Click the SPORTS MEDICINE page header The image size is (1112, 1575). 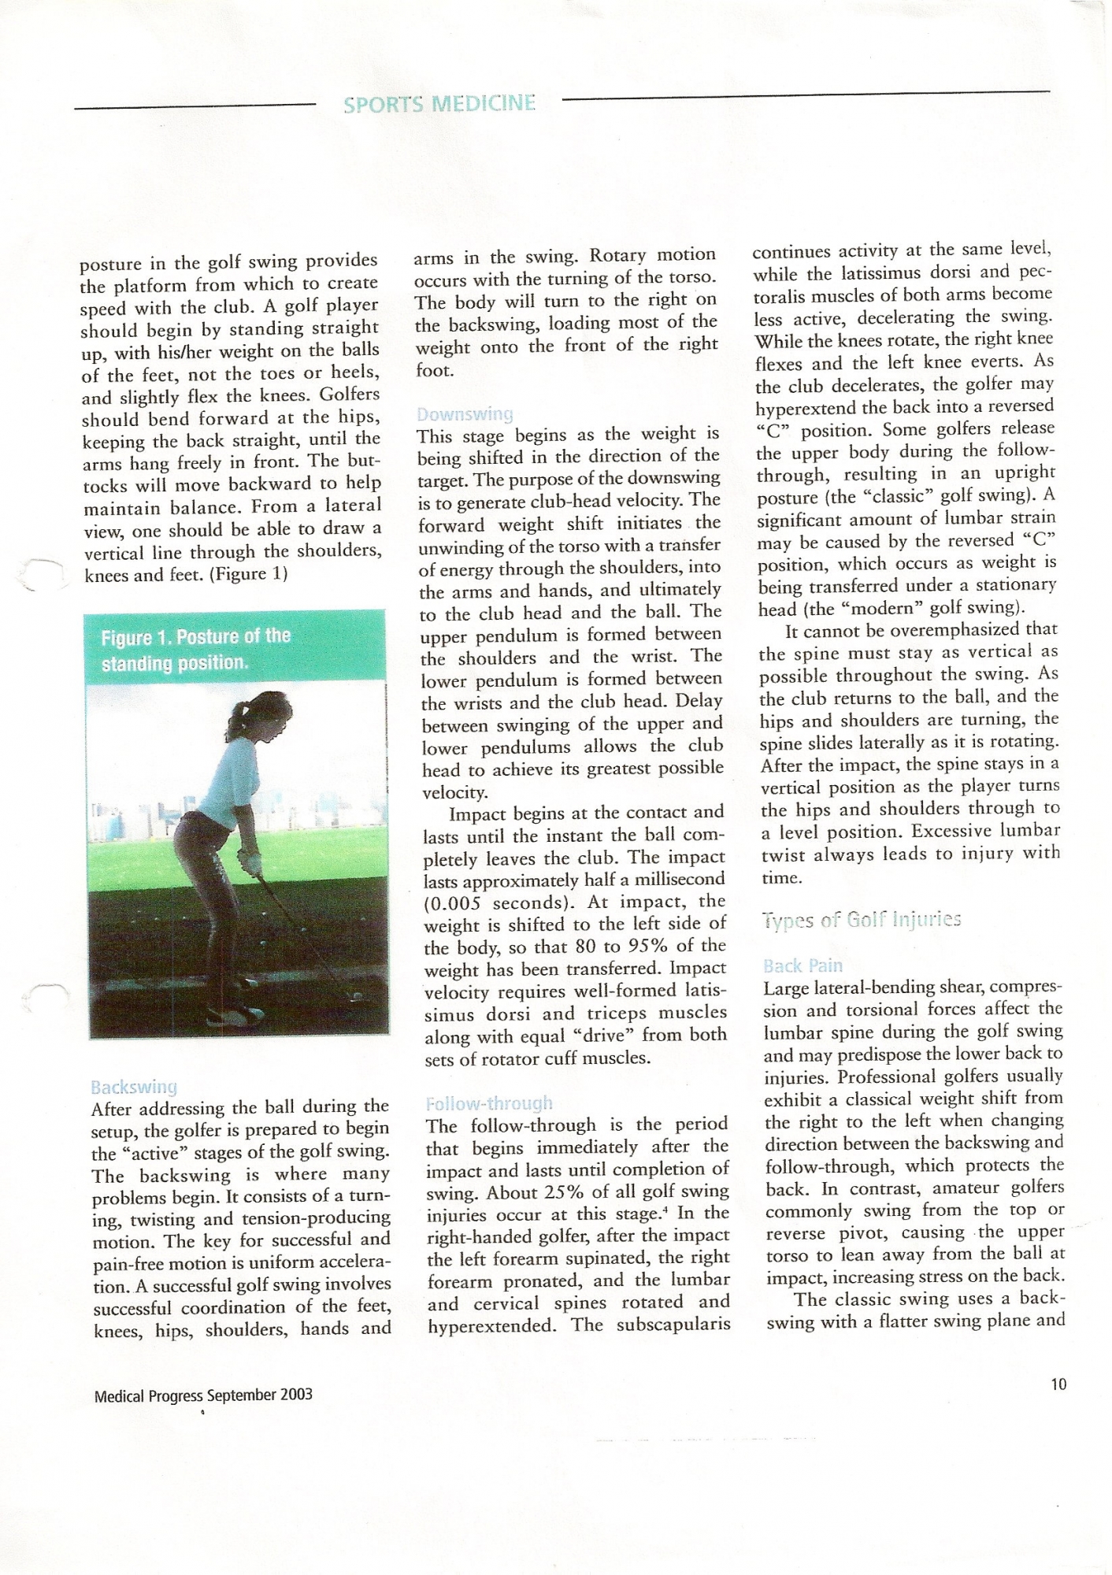tap(439, 104)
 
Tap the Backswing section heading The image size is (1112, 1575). tap(134, 1088)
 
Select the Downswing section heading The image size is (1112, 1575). tap(465, 413)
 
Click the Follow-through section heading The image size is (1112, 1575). tap(489, 1102)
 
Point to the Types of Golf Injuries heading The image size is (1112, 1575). tap(862, 920)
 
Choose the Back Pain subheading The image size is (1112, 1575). tap(802, 965)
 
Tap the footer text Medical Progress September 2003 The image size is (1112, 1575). tap(203, 1395)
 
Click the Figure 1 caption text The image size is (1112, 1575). tap(195, 649)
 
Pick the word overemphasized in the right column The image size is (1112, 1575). tap(946, 630)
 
